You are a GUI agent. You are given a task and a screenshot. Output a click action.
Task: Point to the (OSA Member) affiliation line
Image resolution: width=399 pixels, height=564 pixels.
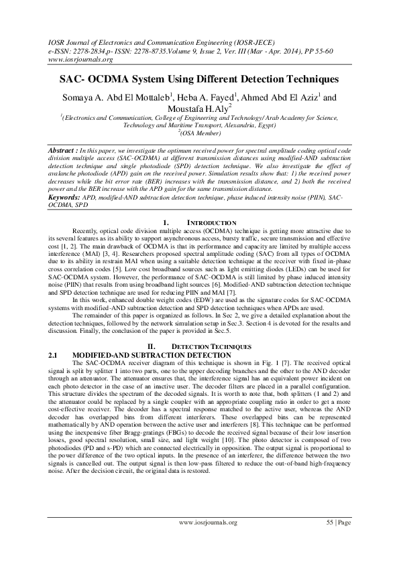click(x=200, y=133)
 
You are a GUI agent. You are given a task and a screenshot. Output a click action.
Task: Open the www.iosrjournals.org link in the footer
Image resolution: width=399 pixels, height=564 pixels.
click(x=207, y=540)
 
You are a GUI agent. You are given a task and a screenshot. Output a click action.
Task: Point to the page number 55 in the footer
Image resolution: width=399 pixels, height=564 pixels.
click(x=330, y=540)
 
